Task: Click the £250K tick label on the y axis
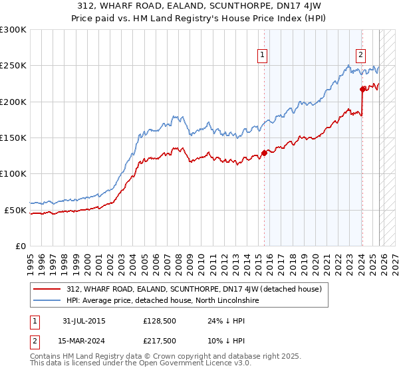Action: click(13, 66)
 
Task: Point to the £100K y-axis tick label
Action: click(13, 173)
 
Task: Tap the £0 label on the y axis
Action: click(20, 246)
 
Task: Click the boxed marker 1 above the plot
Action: click(263, 55)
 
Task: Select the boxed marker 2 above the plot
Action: click(360, 55)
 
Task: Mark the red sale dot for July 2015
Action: click(264, 153)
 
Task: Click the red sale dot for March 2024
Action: click(362, 89)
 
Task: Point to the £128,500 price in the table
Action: click(158, 320)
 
